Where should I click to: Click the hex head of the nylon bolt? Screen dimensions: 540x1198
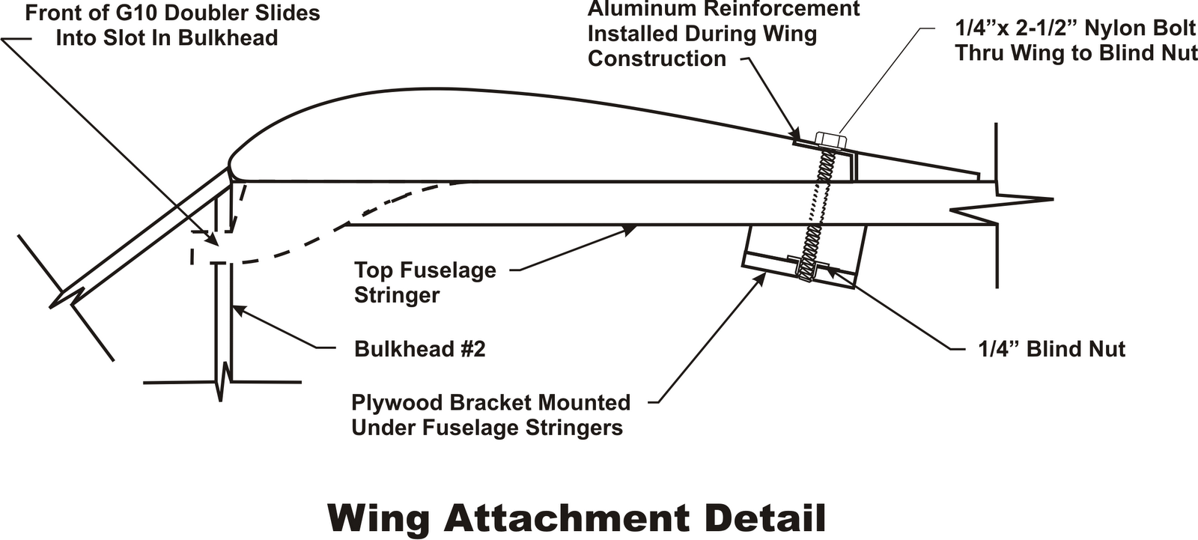pyautogui.click(x=830, y=140)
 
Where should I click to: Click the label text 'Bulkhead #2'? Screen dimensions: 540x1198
pyautogui.click(x=419, y=349)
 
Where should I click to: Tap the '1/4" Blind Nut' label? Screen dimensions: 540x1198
pyautogui.click(x=1051, y=349)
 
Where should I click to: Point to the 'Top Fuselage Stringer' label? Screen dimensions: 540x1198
pyautogui.click(x=425, y=282)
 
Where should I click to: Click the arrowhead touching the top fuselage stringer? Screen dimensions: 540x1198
pyautogui.click(x=630, y=230)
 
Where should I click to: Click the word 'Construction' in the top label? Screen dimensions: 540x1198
pyautogui.click(x=657, y=58)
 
